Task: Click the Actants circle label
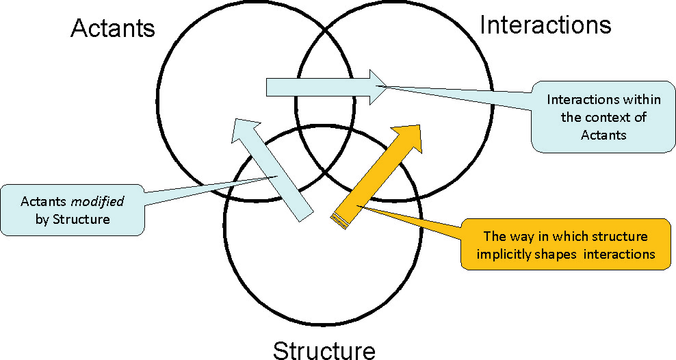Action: click(113, 29)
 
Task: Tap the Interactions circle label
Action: click(545, 25)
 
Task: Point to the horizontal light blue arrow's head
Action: click(377, 87)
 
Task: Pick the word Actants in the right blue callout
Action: click(603, 135)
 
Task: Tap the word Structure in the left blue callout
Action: click(87, 220)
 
